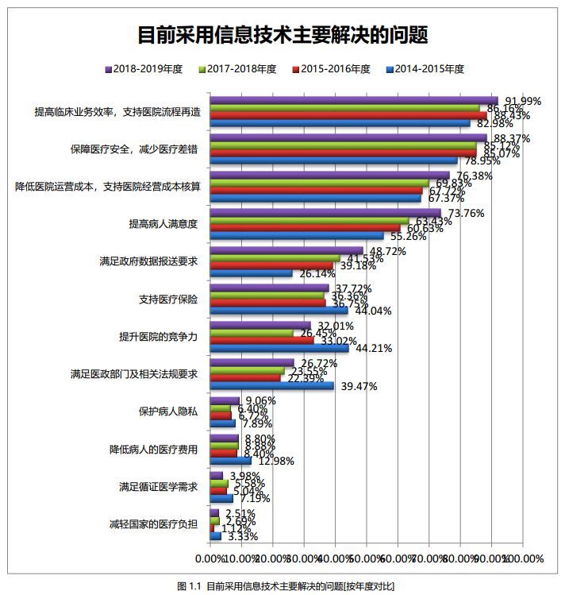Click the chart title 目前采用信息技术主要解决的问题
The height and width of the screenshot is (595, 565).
pos(282,37)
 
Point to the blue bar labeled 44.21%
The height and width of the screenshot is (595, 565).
pos(279,348)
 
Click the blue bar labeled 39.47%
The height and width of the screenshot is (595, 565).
pos(271,386)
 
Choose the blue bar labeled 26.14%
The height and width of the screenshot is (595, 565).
pos(251,273)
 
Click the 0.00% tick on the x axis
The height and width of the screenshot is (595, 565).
pos(225,559)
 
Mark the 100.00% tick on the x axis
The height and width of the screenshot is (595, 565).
pos(524,559)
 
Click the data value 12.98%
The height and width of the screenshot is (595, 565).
pos(271,461)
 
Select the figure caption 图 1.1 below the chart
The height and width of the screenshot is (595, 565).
pos(282,585)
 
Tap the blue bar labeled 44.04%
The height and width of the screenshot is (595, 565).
pos(279,311)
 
